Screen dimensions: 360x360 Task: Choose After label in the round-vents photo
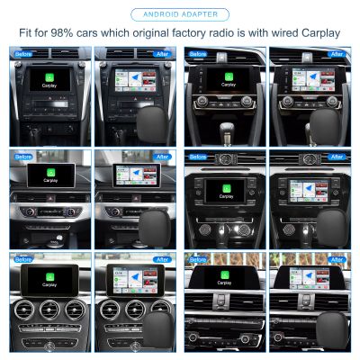click(x=161, y=258)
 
